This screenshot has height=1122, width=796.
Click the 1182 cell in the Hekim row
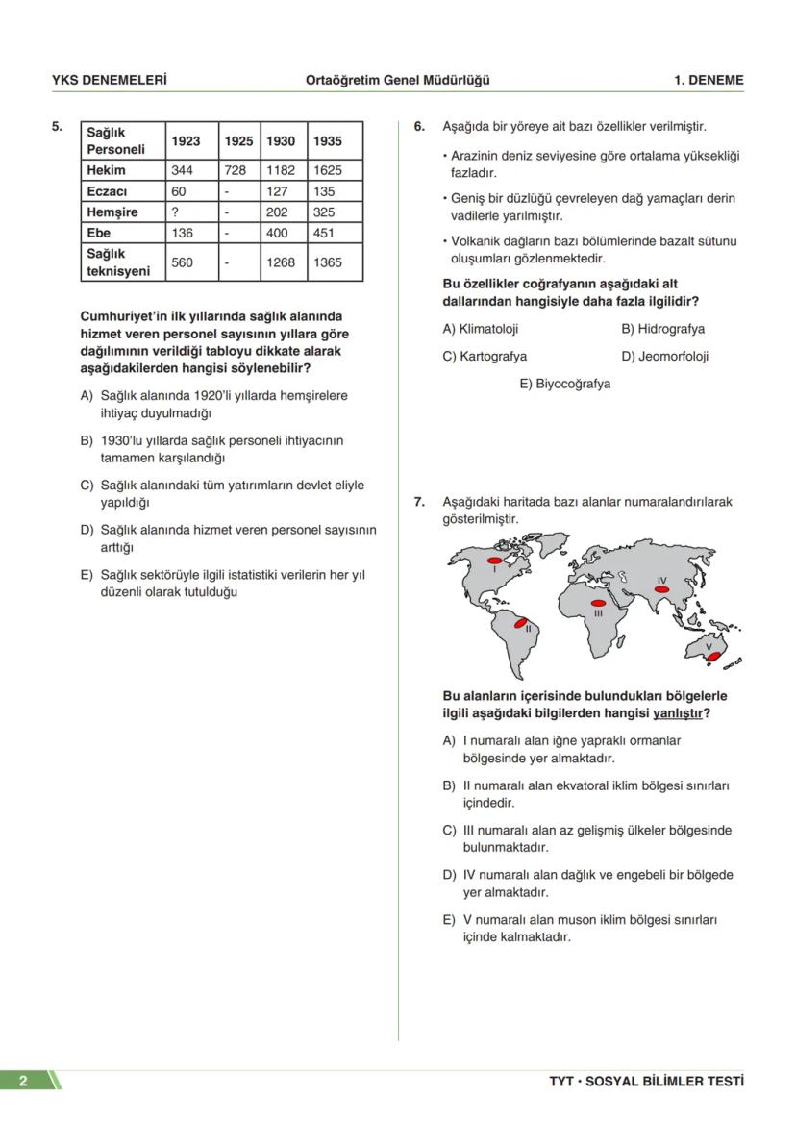tap(281, 170)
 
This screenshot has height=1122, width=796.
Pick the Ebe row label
tap(99, 233)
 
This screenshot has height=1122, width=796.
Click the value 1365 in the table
tap(327, 262)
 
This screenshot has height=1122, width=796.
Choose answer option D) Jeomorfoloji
tap(665, 356)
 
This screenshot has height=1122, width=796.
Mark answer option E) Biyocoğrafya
tap(565, 384)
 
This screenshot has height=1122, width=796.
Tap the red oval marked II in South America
tap(521, 624)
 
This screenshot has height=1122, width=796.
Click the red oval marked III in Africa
tap(598, 602)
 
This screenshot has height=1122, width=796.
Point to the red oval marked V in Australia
tap(712, 657)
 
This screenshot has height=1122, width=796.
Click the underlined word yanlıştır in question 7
tap(678, 713)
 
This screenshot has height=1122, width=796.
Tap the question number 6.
tap(419, 126)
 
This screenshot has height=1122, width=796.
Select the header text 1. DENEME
tap(709, 81)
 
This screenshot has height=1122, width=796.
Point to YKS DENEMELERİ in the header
tap(109, 81)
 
